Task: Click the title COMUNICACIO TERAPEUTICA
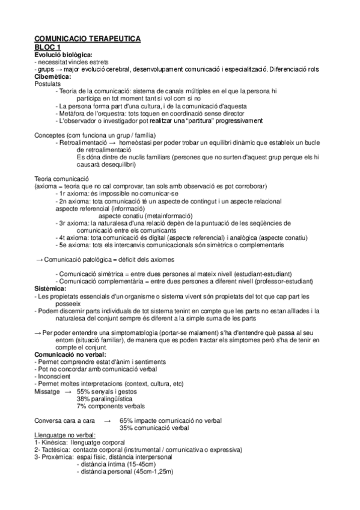click(87, 39)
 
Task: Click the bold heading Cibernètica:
click(53, 76)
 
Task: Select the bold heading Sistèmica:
click(50, 289)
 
